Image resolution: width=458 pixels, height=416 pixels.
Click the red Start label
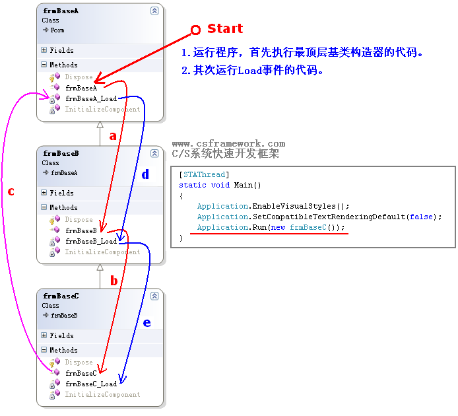225,29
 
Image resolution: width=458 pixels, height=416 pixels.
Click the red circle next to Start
195,30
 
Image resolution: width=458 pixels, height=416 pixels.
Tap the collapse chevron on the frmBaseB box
154,153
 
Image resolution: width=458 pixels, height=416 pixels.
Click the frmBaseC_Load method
91,384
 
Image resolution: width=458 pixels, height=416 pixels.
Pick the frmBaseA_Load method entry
91,98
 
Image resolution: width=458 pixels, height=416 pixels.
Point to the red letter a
112,137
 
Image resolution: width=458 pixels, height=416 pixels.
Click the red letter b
114,281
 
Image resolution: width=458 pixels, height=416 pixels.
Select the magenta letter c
11,191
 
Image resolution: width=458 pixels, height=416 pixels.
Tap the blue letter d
145,175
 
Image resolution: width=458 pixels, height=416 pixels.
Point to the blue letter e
147,323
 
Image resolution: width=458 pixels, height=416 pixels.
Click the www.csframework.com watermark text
228,143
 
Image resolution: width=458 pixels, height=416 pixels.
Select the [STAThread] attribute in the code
204,174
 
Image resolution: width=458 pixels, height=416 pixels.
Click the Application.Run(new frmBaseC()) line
271,227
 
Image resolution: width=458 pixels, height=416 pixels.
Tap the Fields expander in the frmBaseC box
44,335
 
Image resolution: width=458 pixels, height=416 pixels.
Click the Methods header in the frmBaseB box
63,207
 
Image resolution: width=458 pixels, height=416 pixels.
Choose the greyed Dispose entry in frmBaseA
79,77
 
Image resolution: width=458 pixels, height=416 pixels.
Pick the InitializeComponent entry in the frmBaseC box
102,394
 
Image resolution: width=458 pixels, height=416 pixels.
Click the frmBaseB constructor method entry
81,230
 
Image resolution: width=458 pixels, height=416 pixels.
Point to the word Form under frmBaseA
57,30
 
